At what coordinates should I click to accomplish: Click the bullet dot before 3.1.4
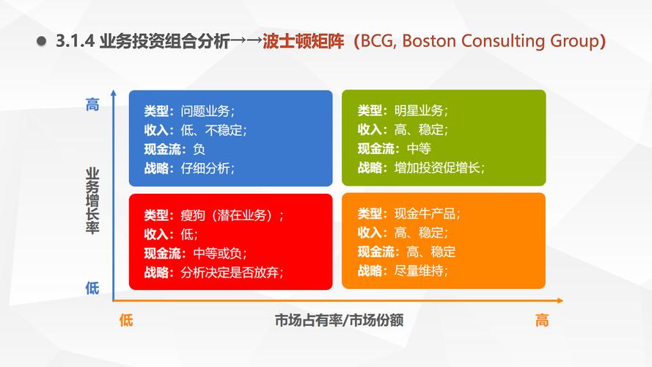click(x=41, y=41)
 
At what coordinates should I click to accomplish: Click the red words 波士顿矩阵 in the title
click(x=303, y=41)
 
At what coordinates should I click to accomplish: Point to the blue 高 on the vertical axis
click(x=92, y=104)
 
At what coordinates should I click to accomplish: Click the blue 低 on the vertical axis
click(x=92, y=288)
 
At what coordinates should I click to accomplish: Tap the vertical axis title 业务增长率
click(x=92, y=201)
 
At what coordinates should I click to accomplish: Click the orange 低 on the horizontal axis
click(x=126, y=320)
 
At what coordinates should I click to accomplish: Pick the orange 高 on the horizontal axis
click(x=542, y=320)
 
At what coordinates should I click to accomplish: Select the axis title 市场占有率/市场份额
click(x=339, y=320)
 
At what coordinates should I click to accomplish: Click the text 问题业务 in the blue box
click(x=205, y=111)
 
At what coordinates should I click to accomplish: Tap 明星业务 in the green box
click(x=419, y=110)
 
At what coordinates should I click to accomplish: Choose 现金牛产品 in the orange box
click(x=425, y=214)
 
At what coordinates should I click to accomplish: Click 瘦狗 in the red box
click(x=193, y=215)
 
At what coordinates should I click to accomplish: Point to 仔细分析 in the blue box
click(x=205, y=168)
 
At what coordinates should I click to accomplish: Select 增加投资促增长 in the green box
click(x=437, y=167)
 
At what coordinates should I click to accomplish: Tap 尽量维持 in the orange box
click(x=419, y=270)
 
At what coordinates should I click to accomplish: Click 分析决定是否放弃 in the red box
click(x=230, y=272)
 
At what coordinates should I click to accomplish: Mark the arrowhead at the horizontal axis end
click(x=560, y=300)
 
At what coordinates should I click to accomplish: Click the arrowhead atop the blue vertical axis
click(x=114, y=93)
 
